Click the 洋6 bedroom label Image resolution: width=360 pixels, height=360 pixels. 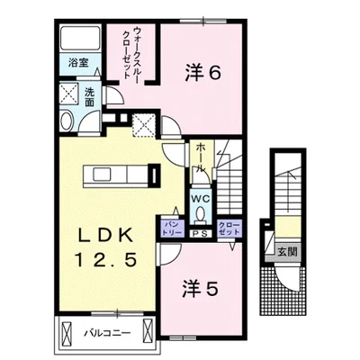[203, 72]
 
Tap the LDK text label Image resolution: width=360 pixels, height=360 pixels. [105, 237]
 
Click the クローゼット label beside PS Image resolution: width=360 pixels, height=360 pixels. [229, 229]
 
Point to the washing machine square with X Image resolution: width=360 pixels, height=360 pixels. [68, 94]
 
